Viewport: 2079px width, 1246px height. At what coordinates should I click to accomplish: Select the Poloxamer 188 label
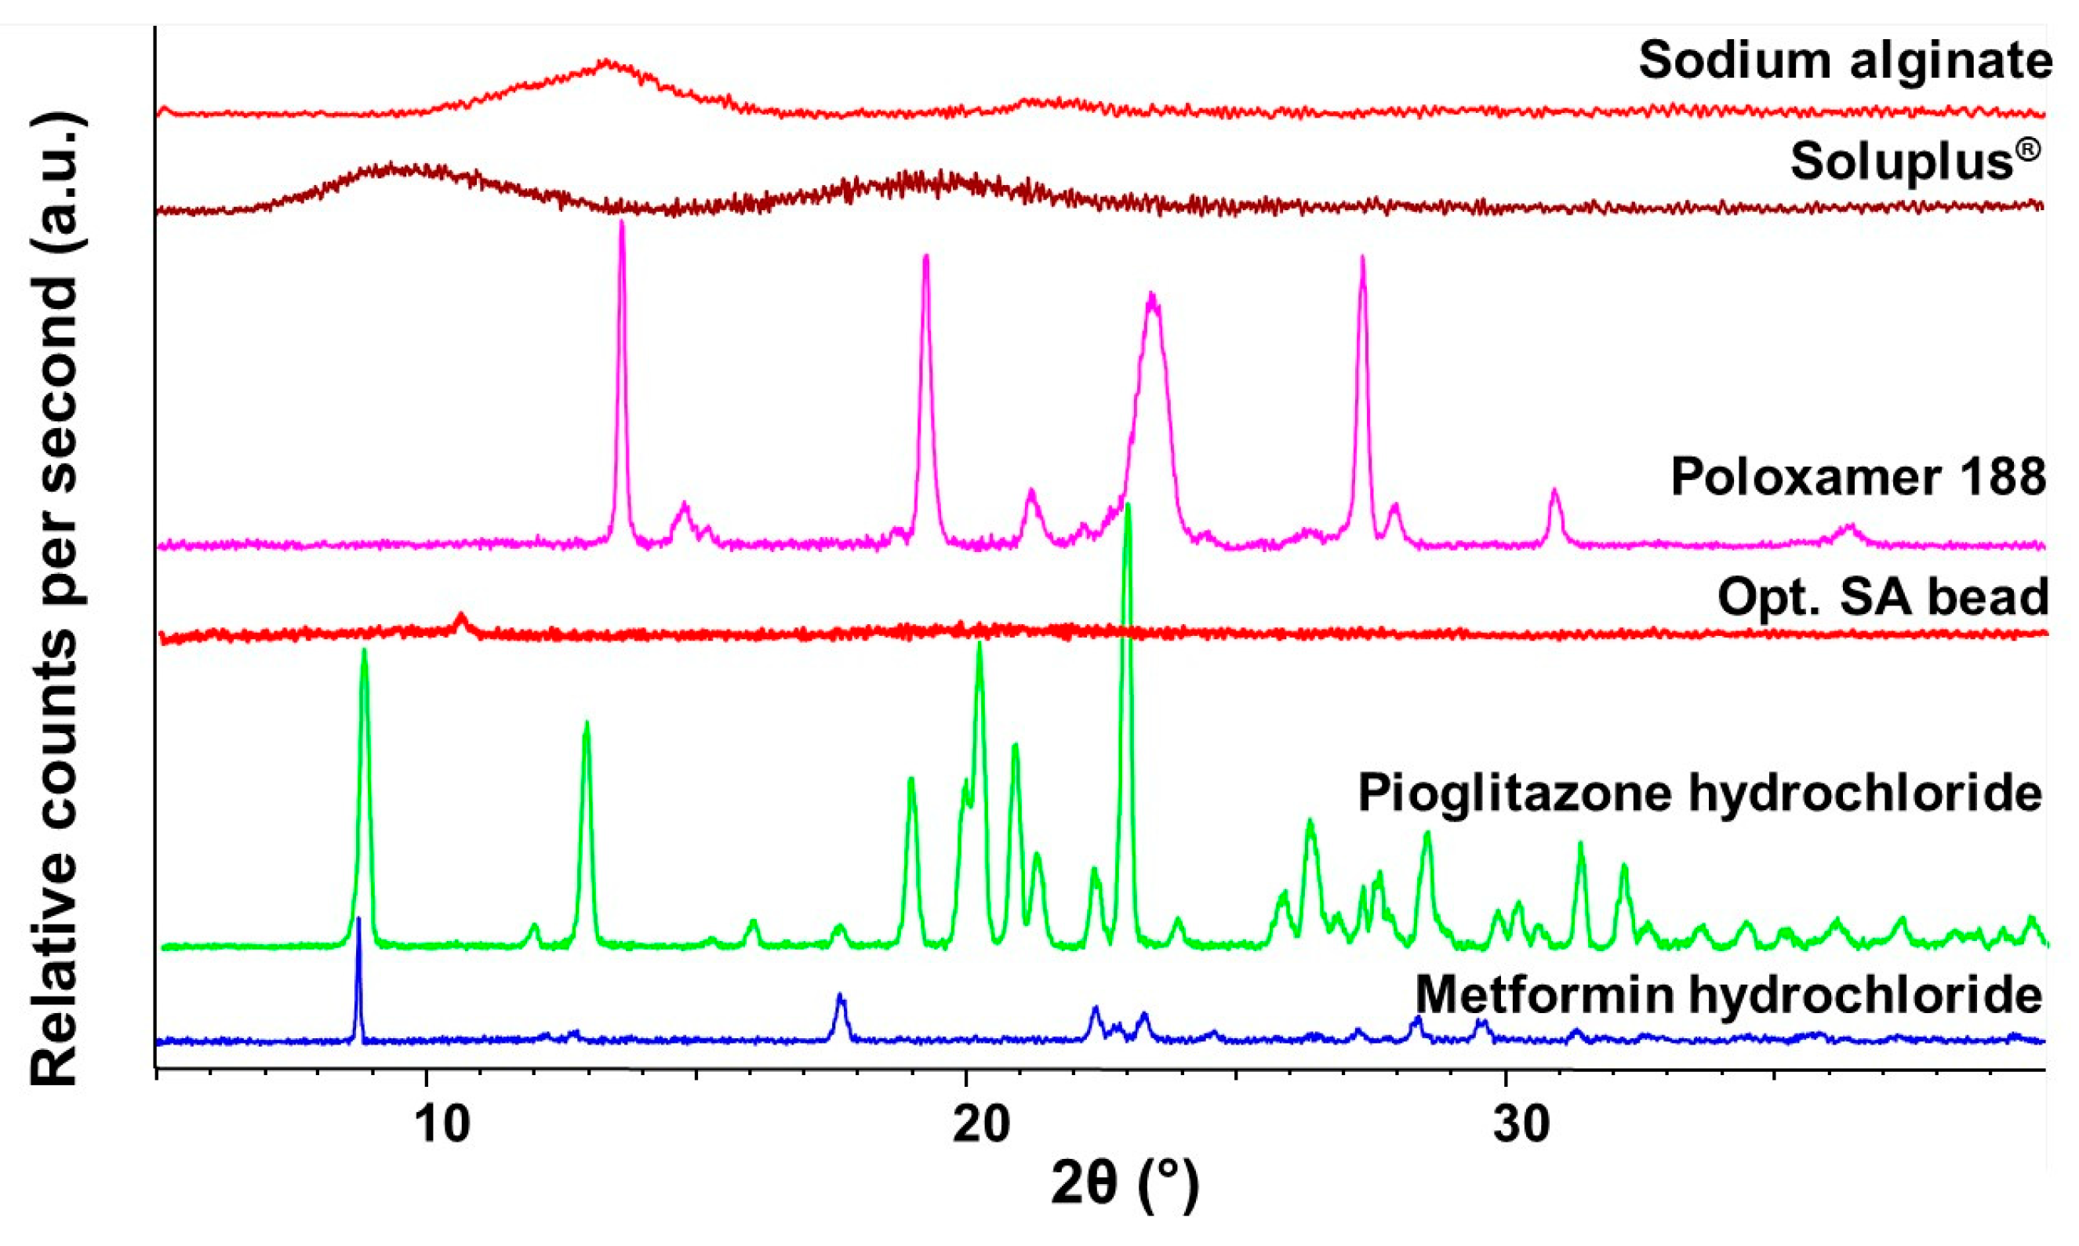click(1858, 477)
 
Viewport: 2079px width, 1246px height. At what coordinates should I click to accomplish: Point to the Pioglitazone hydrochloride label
click(1699, 794)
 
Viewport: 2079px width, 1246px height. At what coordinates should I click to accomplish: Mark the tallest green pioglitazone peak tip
click(1128, 507)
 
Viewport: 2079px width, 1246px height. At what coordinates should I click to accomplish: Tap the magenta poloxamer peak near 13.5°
click(621, 223)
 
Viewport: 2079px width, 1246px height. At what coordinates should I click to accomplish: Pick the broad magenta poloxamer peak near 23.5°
click(1152, 296)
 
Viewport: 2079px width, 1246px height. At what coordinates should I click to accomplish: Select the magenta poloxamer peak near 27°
click(1362, 259)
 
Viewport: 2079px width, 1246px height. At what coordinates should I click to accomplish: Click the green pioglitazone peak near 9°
click(364, 652)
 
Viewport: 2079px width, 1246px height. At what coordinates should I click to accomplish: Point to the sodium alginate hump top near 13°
click(606, 62)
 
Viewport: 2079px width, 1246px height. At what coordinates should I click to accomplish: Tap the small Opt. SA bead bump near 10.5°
click(460, 617)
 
